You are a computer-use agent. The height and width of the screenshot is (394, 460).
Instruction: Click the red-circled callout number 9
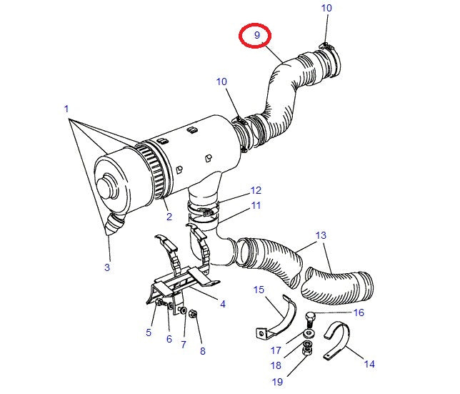(256, 34)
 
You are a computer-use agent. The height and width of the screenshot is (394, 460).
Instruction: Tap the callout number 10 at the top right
(326, 8)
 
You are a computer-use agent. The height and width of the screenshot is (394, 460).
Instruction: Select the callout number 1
(66, 109)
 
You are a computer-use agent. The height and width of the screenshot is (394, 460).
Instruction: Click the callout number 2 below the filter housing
(169, 217)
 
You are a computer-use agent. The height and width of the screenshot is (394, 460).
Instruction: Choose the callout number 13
(321, 235)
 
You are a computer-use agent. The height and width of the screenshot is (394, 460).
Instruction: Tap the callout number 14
(369, 364)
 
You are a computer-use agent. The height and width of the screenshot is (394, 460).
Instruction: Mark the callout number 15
(259, 289)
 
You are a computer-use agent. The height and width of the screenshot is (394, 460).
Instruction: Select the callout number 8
(202, 350)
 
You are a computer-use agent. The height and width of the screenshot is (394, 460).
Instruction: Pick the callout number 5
(149, 332)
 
